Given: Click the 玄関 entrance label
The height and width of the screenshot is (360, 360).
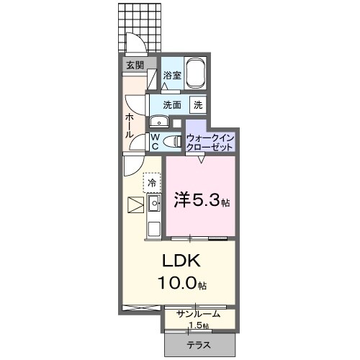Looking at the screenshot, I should (x=135, y=66).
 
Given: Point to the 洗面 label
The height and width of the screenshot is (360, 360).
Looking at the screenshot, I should (x=171, y=104).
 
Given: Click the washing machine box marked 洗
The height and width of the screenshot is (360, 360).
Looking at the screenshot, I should (x=197, y=104).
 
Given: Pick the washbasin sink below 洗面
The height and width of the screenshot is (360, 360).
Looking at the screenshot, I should (x=158, y=121).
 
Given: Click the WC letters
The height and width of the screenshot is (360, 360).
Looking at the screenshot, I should (x=155, y=142).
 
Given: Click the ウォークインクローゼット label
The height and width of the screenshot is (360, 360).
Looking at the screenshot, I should (x=210, y=142).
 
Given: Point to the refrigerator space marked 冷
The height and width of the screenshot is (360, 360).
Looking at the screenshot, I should (x=152, y=183).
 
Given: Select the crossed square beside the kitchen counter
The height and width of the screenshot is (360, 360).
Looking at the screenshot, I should (x=133, y=204).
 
